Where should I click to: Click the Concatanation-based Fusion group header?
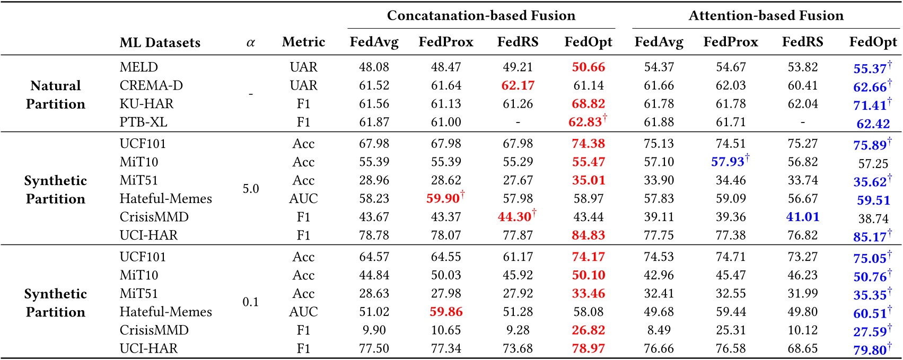point(481,16)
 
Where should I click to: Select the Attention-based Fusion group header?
point(766,16)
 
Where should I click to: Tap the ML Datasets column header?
point(160,42)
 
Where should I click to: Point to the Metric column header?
point(303,42)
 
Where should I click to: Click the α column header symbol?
point(250,42)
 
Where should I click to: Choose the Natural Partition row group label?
point(55,95)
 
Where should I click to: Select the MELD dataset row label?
point(139,67)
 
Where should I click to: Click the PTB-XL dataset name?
point(143,122)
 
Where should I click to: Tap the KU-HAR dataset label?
point(146,104)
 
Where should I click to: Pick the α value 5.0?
point(250,189)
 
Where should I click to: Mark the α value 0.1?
point(250,302)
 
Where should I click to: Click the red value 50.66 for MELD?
point(588,67)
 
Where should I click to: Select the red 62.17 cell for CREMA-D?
point(518,85)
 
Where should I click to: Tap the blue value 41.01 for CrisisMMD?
point(802,217)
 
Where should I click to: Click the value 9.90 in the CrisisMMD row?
point(374,330)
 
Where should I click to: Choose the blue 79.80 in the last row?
point(870,350)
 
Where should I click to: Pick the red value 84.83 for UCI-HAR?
point(588,235)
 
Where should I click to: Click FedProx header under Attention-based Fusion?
point(730,42)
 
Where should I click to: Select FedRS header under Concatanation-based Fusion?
point(518,42)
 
